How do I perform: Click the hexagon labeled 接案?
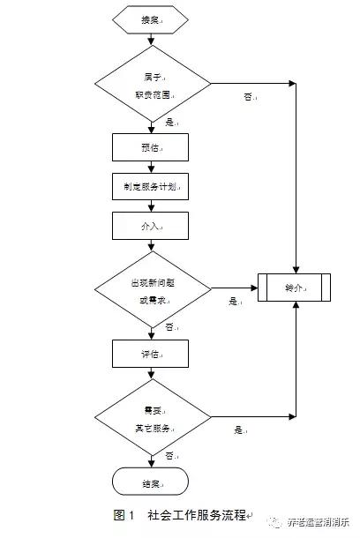click(151, 19)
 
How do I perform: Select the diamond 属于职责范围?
click(151, 85)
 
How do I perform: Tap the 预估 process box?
click(151, 146)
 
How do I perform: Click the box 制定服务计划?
click(151, 187)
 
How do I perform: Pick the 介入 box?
click(151, 227)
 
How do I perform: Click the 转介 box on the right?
click(295, 288)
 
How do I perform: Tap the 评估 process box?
click(151, 353)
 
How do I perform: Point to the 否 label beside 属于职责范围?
click(249, 97)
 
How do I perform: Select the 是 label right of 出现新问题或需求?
click(235, 302)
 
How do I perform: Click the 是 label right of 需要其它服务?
click(239, 430)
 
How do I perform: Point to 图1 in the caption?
click(123, 515)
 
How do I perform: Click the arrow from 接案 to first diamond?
click(151, 38)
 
